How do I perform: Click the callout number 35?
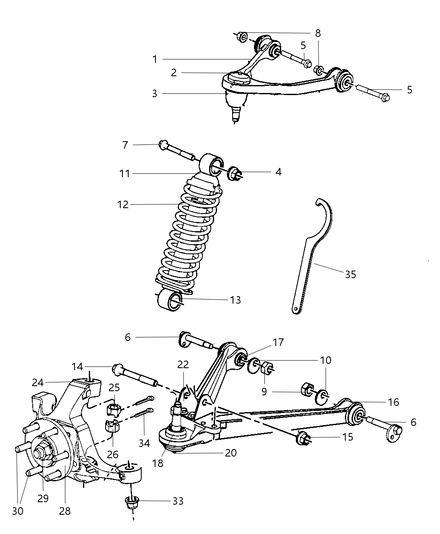[350, 274]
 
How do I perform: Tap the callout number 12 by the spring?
[123, 205]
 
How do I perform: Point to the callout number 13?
[236, 300]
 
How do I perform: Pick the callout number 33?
[178, 501]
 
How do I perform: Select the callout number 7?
[125, 145]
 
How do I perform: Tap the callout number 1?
[155, 59]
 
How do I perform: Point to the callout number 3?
[155, 93]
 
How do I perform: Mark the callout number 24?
[38, 382]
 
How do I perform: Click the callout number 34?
[144, 443]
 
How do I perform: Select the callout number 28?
[65, 511]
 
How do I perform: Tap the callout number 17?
[278, 343]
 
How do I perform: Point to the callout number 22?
[183, 364]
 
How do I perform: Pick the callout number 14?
[77, 367]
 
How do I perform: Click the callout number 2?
[174, 73]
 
